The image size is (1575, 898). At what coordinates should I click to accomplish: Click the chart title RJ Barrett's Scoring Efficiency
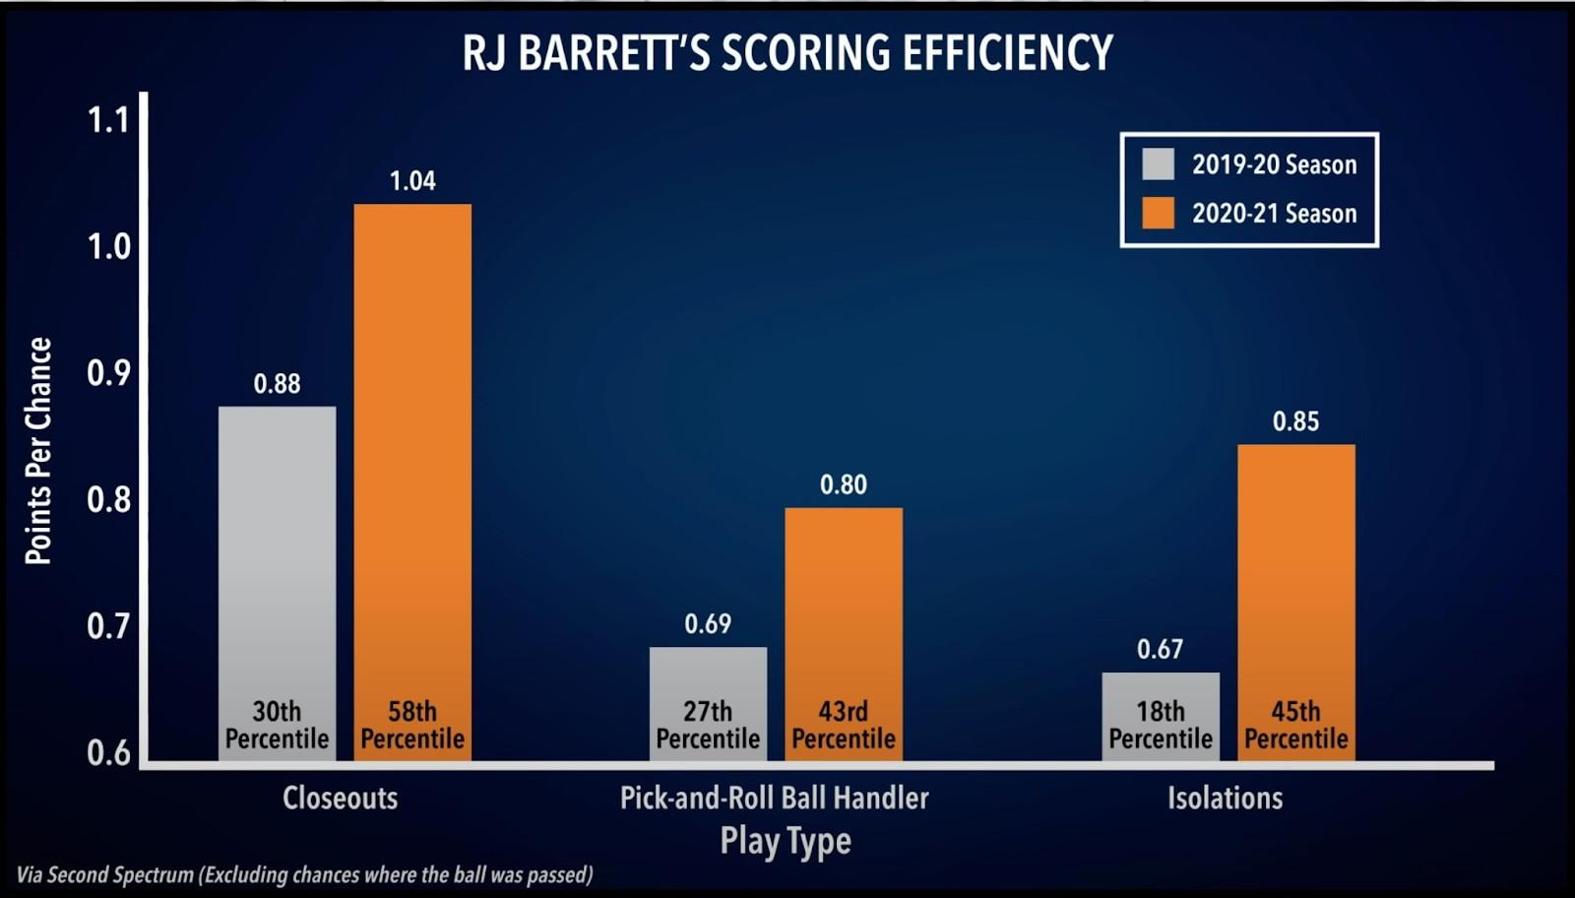pos(787,53)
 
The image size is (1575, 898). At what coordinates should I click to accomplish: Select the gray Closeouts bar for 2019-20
pos(277,551)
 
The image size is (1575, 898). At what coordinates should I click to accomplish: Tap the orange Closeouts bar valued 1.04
pos(412,443)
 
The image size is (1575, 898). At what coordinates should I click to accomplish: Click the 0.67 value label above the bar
pos(1160,649)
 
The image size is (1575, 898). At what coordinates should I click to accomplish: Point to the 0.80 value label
pos(844,484)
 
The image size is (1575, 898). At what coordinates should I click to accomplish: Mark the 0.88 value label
pos(277,383)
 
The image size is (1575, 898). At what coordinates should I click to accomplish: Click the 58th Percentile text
pos(412,725)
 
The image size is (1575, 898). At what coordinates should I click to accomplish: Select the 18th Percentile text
pos(1161,725)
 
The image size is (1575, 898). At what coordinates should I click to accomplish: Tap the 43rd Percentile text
pos(844,725)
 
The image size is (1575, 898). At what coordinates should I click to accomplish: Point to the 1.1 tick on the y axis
pos(108,120)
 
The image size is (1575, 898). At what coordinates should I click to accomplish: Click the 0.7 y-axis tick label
pos(108,626)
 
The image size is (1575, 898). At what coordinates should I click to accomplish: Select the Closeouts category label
pos(341,798)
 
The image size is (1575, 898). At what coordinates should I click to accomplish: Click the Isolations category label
pos(1226,798)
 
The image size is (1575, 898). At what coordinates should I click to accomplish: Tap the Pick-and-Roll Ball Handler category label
pos(775,798)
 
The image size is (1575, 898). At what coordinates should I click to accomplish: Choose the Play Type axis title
pos(786,841)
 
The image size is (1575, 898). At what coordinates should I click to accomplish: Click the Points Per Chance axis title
pos(38,451)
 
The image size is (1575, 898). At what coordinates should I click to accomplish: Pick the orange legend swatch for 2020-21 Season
pos(1158,214)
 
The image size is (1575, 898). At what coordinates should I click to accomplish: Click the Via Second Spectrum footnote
pos(305,874)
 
